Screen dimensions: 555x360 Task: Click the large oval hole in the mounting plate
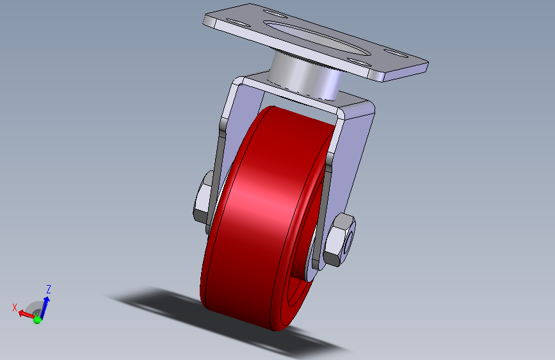click(x=317, y=38)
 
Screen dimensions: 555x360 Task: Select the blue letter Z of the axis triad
click(x=49, y=290)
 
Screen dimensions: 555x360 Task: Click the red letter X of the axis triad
click(x=15, y=307)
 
